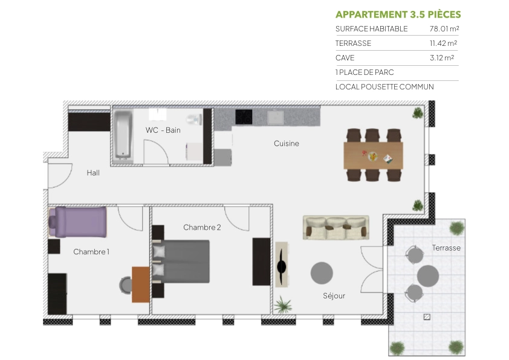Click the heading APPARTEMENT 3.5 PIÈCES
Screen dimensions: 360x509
pos(398,14)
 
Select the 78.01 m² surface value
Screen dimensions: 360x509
pos(443,29)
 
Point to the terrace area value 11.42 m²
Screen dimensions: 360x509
pos(443,43)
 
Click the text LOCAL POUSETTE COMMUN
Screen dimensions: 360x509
pos(384,87)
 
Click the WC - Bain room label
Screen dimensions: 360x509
pos(163,130)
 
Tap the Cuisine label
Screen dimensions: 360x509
pos(286,144)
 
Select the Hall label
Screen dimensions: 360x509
pos(93,173)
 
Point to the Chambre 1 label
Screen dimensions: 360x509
pos(91,251)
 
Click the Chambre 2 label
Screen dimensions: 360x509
pos(202,227)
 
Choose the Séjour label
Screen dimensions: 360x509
pos(334,296)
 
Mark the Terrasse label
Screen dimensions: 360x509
pos(446,248)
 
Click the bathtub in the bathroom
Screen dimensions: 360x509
pos(123,134)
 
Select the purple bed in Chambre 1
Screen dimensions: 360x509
pos(80,222)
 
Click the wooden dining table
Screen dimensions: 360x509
pos(372,156)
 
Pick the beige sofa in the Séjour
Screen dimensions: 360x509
pos(336,227)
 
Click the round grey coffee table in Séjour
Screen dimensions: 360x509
pos(322,273)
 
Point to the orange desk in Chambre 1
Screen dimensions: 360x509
pos(141,284)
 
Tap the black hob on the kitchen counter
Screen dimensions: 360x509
pos(244,115)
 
